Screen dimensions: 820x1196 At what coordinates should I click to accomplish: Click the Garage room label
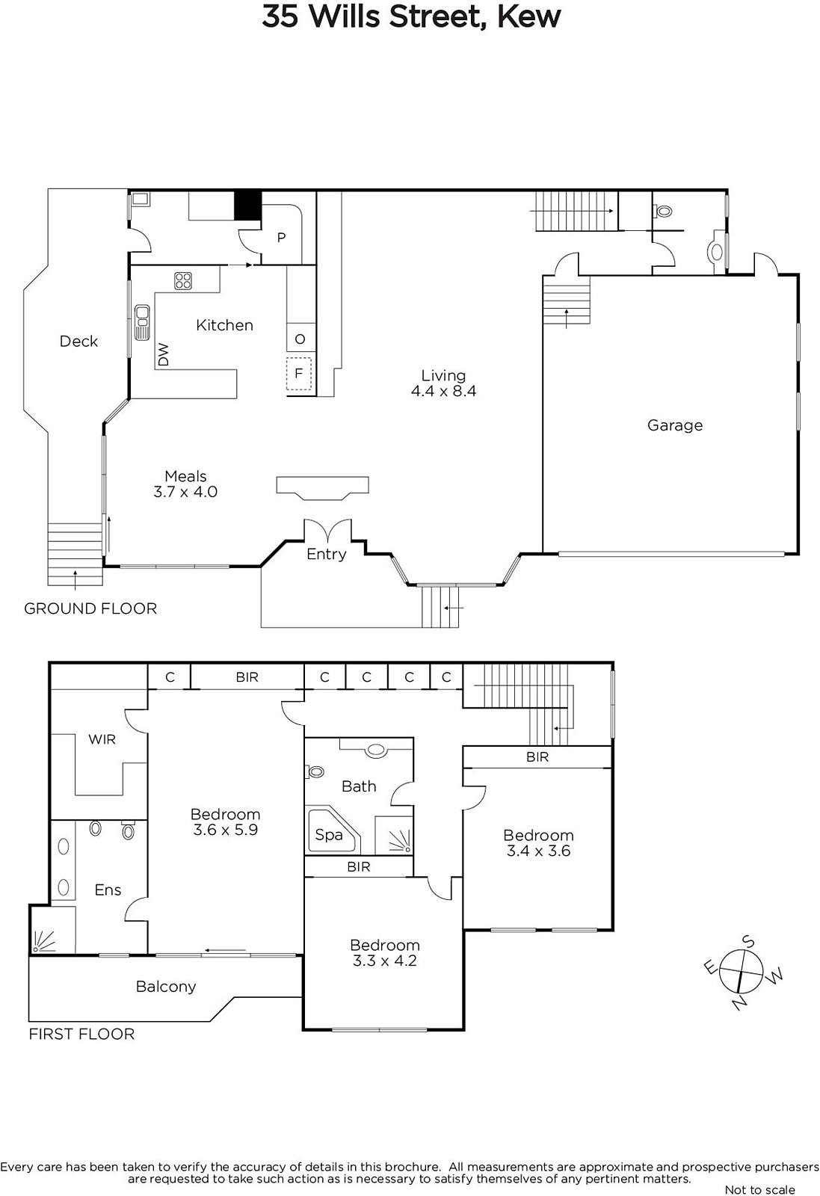coord(675,425)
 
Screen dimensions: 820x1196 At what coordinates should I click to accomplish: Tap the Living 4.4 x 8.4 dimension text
coord(443,391)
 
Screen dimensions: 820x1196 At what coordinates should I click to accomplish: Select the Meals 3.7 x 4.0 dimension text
coord(185,492)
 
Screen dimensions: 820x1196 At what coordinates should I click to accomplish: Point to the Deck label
coord(78,341)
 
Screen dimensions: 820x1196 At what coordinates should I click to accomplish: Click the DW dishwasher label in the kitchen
coord(164,354)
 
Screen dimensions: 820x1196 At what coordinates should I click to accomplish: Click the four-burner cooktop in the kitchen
coord(183,281)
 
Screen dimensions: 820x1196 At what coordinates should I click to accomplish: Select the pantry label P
coord(281,238)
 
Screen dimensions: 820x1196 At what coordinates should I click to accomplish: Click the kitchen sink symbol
coord(142,321)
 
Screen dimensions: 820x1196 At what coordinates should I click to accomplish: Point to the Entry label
coord(326,555)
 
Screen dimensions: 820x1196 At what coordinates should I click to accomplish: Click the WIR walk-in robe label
coord(102,739)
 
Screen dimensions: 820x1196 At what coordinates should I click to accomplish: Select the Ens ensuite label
coord(108,890)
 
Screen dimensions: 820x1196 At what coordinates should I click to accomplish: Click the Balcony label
coord(165,987)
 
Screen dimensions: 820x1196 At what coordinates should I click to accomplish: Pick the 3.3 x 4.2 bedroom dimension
coord(384,961)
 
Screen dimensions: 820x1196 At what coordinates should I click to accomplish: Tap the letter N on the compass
coord(739,1005)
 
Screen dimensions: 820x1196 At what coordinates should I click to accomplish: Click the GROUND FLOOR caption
coord(90,608)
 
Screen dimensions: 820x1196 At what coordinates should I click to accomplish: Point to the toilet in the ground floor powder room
coord(662,212)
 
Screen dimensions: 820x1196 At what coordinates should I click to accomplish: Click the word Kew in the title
coord(529,16)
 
